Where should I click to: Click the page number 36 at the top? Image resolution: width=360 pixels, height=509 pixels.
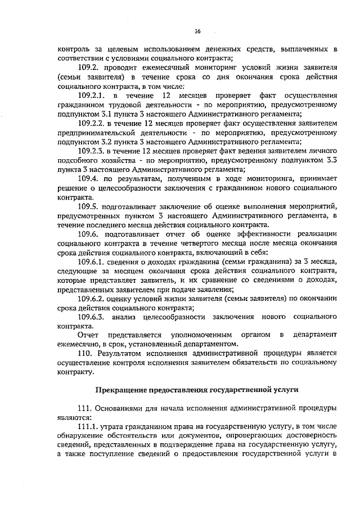pos(197,30)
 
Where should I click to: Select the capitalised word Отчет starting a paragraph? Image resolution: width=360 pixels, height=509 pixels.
pos(88,335)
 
